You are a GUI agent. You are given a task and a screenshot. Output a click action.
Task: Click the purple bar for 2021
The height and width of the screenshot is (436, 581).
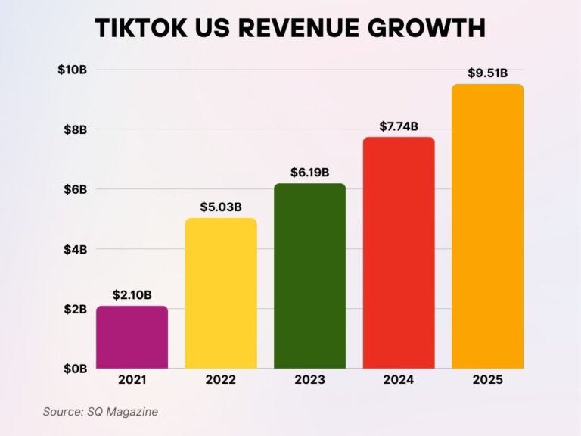[x=132, y=338]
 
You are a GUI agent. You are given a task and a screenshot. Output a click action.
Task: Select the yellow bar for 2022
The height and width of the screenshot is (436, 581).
[x=221, y=294]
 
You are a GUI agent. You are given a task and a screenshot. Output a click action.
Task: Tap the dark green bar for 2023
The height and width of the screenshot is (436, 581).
[x=309, y=276]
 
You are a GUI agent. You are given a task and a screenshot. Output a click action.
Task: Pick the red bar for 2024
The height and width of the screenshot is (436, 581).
[x=399, y=253]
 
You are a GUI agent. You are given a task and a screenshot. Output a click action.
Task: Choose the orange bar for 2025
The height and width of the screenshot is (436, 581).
[x=487, y=226]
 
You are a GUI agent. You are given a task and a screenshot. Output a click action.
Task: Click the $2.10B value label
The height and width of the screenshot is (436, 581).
[x=132, y=294]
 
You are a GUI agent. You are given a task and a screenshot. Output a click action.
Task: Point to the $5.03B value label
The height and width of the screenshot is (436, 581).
[x=221, y=206]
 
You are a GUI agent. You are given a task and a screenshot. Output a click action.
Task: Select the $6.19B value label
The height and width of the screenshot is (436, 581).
[x=309, y=172]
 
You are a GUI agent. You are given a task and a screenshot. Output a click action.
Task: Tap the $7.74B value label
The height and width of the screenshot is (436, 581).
[x=399, y=126]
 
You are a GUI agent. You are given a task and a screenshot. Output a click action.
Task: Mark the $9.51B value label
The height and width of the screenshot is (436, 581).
[x=487, y=73]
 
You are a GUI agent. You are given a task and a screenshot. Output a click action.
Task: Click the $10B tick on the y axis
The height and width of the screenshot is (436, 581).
[x=72, y=70]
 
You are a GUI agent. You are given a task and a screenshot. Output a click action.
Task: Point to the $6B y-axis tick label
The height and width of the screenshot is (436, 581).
[x=75, y=189]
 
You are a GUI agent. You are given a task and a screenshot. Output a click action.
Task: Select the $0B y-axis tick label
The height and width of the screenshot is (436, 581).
[x=75, y=369]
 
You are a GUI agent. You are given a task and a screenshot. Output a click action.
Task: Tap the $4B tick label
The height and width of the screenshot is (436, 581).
[x=75, y=249]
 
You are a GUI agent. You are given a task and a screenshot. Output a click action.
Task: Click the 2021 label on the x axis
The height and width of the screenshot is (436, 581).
[x=132, y=381]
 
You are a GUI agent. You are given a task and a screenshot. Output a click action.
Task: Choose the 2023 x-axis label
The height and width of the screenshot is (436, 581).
[x=309, y=381]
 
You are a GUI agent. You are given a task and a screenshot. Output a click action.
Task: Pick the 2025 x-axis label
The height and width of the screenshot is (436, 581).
[x=487, y=381]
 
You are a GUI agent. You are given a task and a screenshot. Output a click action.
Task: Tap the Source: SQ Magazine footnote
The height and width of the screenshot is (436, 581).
[x=100, y=411]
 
